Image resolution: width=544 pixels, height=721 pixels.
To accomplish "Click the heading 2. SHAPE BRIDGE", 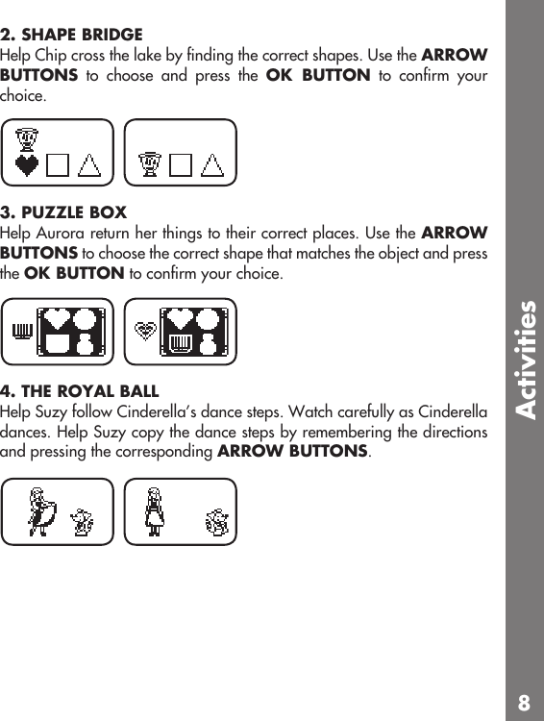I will tap(72, 34).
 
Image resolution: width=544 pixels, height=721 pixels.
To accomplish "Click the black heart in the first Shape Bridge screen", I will tap(28, 165).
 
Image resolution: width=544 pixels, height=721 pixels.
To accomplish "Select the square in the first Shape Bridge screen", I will tap(59, 165).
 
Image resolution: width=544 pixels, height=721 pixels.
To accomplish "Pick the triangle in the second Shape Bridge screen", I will tap(213, 165).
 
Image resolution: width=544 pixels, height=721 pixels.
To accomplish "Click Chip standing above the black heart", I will tap(28, 141).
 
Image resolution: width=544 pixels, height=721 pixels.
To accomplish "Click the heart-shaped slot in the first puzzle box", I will tap(57, 320).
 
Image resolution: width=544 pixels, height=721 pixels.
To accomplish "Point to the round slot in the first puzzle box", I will tap(86, 319).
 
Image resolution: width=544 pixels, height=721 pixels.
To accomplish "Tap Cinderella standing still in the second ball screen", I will tap(154, 510).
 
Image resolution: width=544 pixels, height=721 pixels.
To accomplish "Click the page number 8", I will tap(524, 702).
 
